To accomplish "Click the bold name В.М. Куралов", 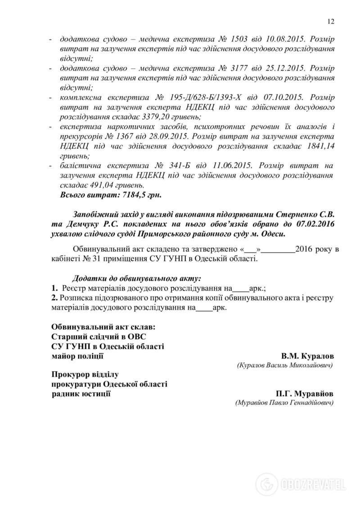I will tap(307, 356).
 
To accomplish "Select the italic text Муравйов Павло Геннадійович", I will tap(284, 403).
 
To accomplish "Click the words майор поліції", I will tap(77, 356).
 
